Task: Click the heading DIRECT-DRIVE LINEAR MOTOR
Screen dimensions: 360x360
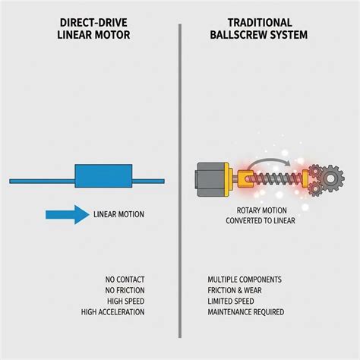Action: (x=93, y=29)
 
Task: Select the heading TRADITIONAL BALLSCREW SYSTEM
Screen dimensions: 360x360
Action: (x=259, y=29)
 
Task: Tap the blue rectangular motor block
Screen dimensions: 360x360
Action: (x=103, y=176)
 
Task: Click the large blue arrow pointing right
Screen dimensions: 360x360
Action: (x=68, y=215)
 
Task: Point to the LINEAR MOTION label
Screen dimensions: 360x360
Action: (x=118, y=214)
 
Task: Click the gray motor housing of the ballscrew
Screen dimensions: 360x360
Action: (x=210, y=179)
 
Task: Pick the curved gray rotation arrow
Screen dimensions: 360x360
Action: (x=269, y=163)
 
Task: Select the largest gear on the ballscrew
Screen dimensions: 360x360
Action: (x=330, y=178)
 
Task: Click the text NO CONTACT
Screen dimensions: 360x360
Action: (x=125, y=279)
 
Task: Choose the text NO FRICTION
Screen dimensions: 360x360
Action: (x=125, y=290)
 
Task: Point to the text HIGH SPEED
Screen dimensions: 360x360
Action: (x=126, y=302)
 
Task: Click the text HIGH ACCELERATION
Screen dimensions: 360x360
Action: (x=112, y=312)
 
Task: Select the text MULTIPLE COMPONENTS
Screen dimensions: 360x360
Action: (x=245, y=279)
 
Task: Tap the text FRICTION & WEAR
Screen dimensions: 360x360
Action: (x=235, y=290)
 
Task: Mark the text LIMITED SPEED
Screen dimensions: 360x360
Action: (x=231, y=302)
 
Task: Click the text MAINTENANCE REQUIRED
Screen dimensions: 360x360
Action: (x=246, y=312)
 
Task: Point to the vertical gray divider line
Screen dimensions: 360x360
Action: (x=180, y=181)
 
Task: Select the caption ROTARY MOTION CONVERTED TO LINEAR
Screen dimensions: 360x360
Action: (x=261, y=216)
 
